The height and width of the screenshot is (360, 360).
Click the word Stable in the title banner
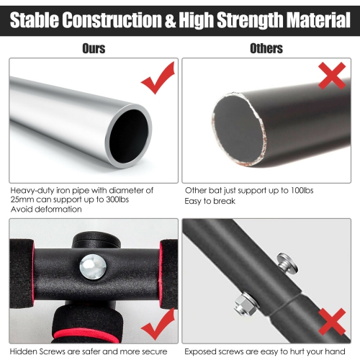tap(35, 19)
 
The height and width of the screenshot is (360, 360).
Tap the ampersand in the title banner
tap(170, 20)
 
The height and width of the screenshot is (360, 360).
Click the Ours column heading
tap(94, 48)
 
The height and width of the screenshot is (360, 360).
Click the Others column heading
tap(266, 48)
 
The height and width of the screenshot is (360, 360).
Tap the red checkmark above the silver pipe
tap(158, 78)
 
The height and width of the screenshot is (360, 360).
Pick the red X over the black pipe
tap(332, 76)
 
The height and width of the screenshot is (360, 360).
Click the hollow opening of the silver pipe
tap(129, 136)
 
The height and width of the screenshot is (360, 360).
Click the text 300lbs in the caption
tap(117, 199)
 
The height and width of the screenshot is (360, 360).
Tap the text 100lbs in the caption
tap(302, 190)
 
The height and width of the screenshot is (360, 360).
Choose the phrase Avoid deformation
tap(46, 209)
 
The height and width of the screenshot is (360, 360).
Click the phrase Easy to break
tap(210, 201)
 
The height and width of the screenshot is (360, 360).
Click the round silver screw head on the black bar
tap(93, 267)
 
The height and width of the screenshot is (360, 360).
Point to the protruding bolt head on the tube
tap(287, 264)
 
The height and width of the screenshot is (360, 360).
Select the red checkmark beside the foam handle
tap(158, 323)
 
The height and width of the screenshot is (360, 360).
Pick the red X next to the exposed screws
tap(332, 322)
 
